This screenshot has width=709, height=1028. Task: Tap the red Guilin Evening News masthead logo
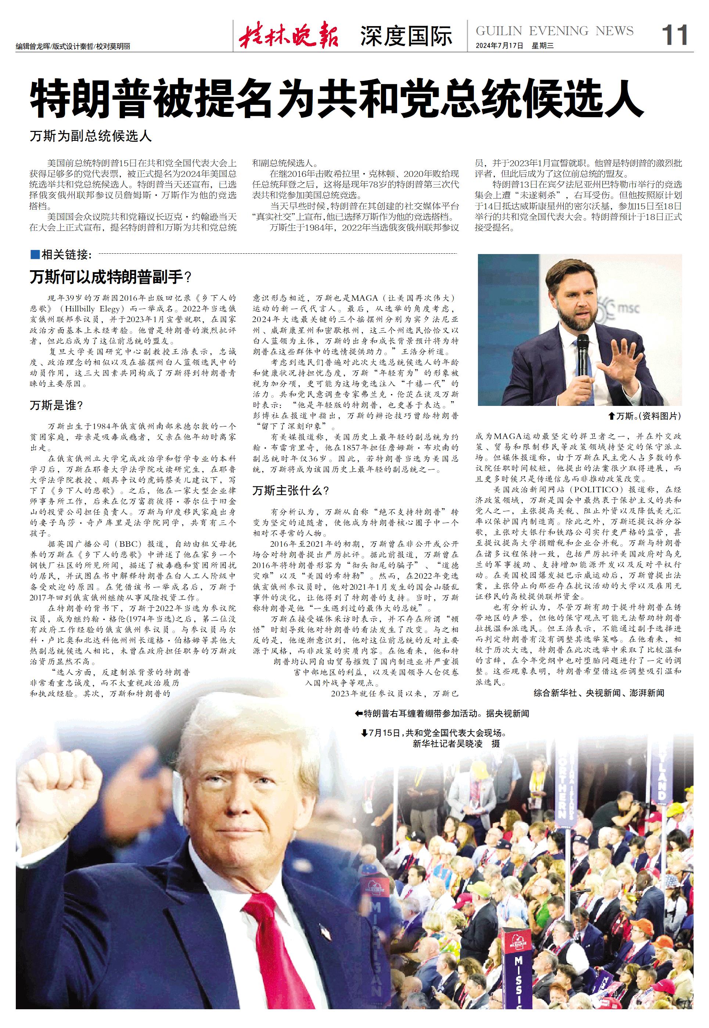pyautogui.click(x=289, y=35)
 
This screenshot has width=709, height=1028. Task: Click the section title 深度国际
pyautogui.click(x=406, y=36)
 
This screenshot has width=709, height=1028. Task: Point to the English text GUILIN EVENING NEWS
pyautogui.click(x=554, y=31)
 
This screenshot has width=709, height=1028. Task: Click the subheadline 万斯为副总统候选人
pyautogui.click(x=91, y=136)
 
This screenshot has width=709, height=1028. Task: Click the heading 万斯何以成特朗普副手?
pyautogui.click(x=111, y=278)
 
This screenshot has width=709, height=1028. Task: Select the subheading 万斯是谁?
pyautogui.click(x=57, y=405)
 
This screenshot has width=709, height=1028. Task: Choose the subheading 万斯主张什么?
pyautogui.click(x=291, y=490)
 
